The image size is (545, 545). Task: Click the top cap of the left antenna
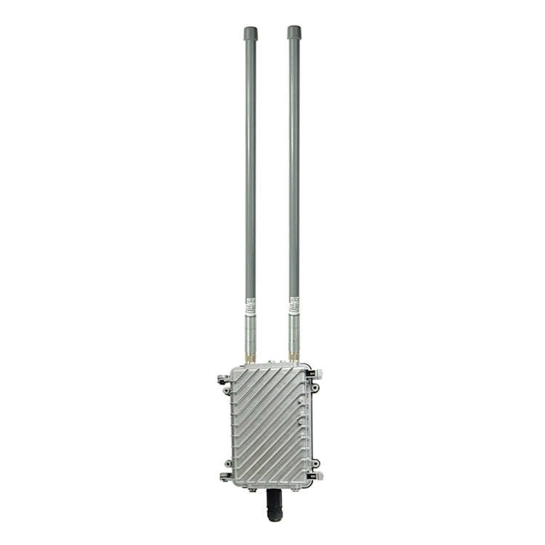[x=250, y=33]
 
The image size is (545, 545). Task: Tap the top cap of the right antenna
[x=294, y=32]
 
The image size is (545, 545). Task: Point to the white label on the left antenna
[x=250, y=308]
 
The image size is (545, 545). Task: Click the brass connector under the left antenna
[x=251, y=357]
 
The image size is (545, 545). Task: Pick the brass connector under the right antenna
[x=294, y=356]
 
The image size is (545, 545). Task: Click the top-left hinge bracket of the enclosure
[x=223, y=379]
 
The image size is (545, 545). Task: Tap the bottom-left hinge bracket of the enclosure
[x=224, y=476]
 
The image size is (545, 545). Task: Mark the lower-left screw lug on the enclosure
[x=228, y=463]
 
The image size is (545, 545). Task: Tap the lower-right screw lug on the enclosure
[x=314, y=463]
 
